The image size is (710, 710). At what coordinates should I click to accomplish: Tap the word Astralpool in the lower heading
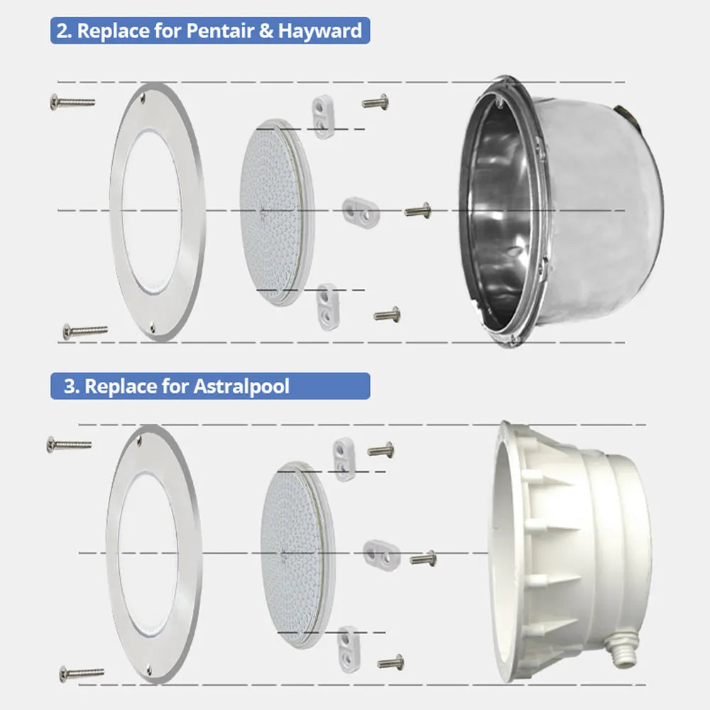[x=241, y=387]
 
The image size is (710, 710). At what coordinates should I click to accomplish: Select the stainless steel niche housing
[x=561, y=209]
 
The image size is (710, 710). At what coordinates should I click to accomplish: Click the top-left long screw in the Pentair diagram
[x=72, y=102]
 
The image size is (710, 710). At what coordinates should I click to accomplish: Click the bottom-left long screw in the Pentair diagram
[x=85, y=330]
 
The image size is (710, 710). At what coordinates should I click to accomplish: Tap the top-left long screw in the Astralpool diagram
[x=69, y=444]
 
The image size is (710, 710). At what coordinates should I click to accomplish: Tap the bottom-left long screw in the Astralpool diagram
[x=82, y=672]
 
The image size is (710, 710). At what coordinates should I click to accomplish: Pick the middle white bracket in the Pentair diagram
[x=360, y=209]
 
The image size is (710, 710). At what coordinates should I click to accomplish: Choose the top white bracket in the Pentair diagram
[x=323, y=117]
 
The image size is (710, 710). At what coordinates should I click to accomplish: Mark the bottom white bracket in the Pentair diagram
[x=327, y=304]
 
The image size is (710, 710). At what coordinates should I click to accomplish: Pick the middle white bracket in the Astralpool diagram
[x=381, y=553]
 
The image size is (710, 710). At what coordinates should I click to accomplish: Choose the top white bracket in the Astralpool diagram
[x=344, y=459]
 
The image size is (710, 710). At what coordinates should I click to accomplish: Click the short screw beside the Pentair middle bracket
[x=417, y=209]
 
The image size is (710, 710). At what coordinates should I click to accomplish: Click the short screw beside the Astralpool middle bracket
[x=423, y=559]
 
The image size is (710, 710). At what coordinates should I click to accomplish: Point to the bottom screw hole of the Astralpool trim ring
[x=148, y=670]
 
